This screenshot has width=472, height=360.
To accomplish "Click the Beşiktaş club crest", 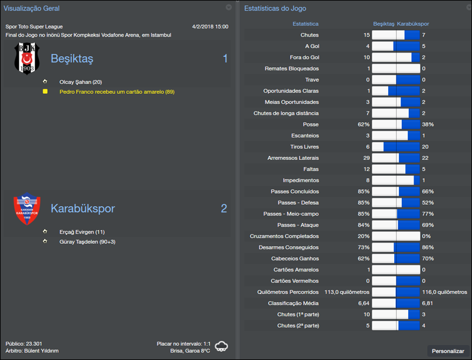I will pyautogui.click(x=26, y=58).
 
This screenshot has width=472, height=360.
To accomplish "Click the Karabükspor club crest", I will pyautogui.click(x=26, y=210).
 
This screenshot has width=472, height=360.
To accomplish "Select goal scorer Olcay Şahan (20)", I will pyautogui.click(x=81, y=82).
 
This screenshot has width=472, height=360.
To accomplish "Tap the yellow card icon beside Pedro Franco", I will pyautogui.click(x=45, y=91).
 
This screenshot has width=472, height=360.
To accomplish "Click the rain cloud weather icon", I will pyautogui.click(x=222, y=346).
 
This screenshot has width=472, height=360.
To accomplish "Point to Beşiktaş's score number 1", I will pyautogui.click(x=225, y=58).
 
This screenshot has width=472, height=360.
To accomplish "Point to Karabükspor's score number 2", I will pyautogui.click(x=224, y=208).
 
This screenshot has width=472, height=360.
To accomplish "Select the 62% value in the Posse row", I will pyautogui.click(x=363, y=125).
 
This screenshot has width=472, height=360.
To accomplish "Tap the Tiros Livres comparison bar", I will pyautogui.click(x=396, y=147).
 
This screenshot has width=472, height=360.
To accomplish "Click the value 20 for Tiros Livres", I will pyautogui.click(x=425, y=147).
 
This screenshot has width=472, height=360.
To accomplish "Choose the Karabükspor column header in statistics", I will pyautogui.click(x=413, y=24).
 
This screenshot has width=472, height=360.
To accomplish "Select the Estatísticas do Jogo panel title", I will pyautogui.click(x=275, y=9).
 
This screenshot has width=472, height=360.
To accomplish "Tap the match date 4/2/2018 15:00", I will pyautogui.click(x=210, y=27).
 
